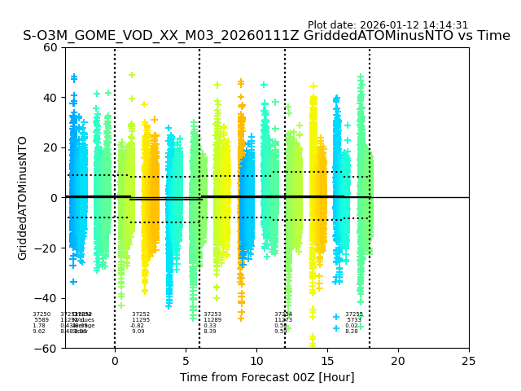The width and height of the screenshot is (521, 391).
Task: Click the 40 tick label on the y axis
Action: point(51,98)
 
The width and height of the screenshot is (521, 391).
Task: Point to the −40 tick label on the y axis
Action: point(48,298)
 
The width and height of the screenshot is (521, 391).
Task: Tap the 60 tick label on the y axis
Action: point(51,47)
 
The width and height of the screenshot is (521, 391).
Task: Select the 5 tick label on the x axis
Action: point(186,361)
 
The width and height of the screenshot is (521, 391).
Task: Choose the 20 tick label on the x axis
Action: point(398,361)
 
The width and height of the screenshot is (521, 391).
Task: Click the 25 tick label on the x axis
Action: point(469,361)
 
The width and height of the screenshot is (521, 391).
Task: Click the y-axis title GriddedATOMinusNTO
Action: point(23,198)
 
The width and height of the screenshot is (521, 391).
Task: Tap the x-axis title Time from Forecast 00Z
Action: point(267,377)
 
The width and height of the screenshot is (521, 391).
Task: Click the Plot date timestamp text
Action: point(387,25)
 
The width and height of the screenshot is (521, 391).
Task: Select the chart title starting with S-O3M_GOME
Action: point(266,36)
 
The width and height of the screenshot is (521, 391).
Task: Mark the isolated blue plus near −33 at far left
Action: point(73,282)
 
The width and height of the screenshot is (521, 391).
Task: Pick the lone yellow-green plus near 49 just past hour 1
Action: point(131,75)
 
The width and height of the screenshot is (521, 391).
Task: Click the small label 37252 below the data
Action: point(141,314)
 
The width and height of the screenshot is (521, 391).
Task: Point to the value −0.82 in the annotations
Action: point(138,326)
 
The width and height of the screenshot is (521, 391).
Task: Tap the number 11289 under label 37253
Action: point(212,320)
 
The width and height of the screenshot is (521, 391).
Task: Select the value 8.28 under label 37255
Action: point(352,332)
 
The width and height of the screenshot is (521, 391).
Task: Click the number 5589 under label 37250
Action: point(42,320)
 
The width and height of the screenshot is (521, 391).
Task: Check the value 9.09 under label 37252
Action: point(138,332)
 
